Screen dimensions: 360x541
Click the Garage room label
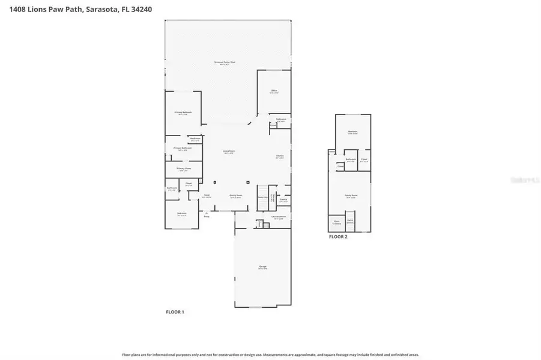click(x=262, y=266)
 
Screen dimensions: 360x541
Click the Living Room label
click(x=229, y=152)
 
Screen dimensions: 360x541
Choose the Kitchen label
click(x=280, y=157)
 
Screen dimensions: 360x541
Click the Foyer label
click(x=207, y=196)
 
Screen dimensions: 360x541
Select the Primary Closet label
click(x=183, y=169)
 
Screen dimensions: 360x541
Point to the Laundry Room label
click(x=278, y=217)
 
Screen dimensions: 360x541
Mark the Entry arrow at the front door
click(x=207, y=213)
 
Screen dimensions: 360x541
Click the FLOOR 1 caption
click(x=175, y=312)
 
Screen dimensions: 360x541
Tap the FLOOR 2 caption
click(x=338, y=236)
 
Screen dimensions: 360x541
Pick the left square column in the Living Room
click(x=215, y=182)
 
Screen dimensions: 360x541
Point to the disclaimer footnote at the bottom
click(x=270, y=355)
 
